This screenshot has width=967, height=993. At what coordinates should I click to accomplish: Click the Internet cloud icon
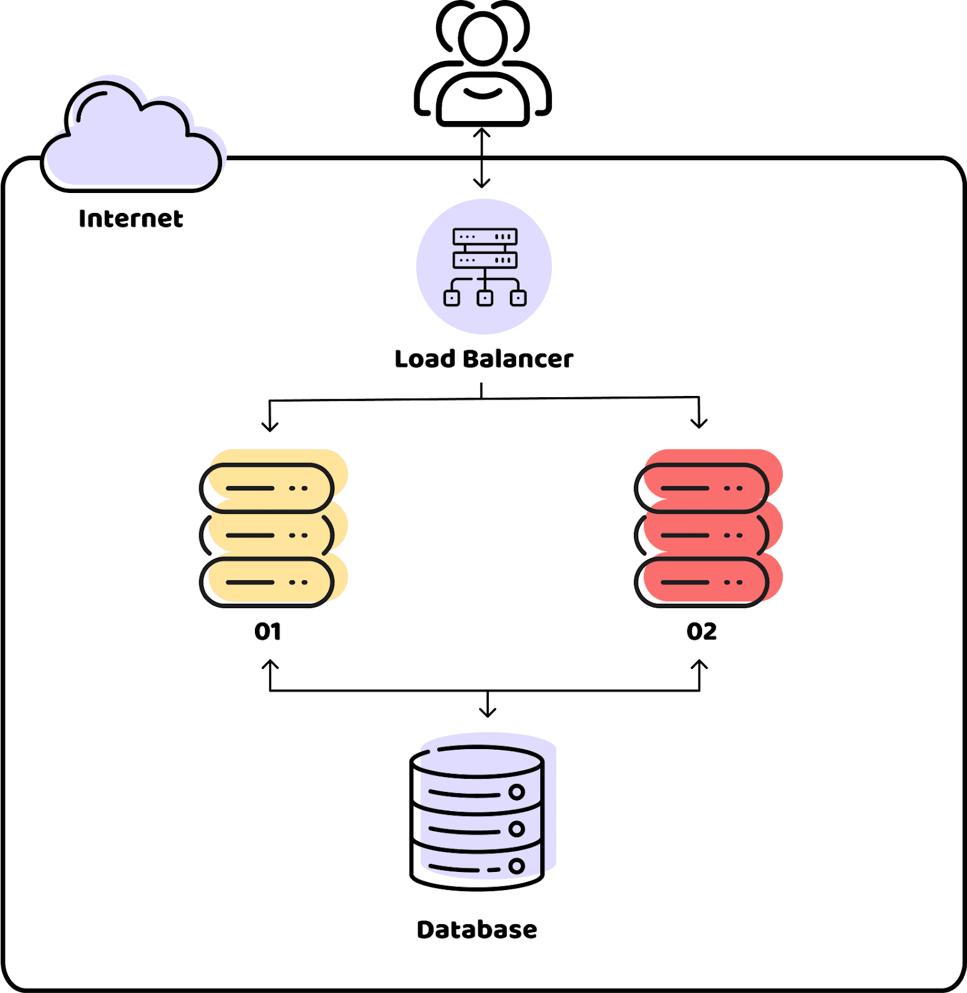point(131,140)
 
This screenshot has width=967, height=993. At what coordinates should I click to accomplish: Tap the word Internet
point(131,218)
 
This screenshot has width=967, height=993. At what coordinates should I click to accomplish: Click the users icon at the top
point(483,65)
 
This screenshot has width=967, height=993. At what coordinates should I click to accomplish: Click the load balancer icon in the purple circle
point(484,267)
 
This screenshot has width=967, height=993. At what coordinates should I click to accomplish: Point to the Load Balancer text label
point(484,359)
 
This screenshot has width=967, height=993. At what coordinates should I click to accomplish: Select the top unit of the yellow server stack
point(267,488)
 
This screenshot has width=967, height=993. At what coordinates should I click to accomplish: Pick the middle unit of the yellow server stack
point(267,535)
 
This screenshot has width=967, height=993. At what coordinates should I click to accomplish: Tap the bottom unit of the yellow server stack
point(267,582)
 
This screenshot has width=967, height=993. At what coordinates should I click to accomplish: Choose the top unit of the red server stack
point(702,488)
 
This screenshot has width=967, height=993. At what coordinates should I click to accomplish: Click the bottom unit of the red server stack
point(702,582)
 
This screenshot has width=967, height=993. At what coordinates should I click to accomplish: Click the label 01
point(268,631)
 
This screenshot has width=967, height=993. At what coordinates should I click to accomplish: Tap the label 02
point(702,631)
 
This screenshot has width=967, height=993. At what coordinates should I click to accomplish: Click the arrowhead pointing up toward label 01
point(270,665)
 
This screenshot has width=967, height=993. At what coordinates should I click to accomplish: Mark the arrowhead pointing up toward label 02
point(699,665)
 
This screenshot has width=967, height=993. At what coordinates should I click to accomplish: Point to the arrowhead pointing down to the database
point(488,711)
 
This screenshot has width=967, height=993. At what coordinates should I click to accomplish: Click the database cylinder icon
point(477,817)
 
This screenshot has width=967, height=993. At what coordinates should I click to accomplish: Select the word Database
point(477,930)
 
